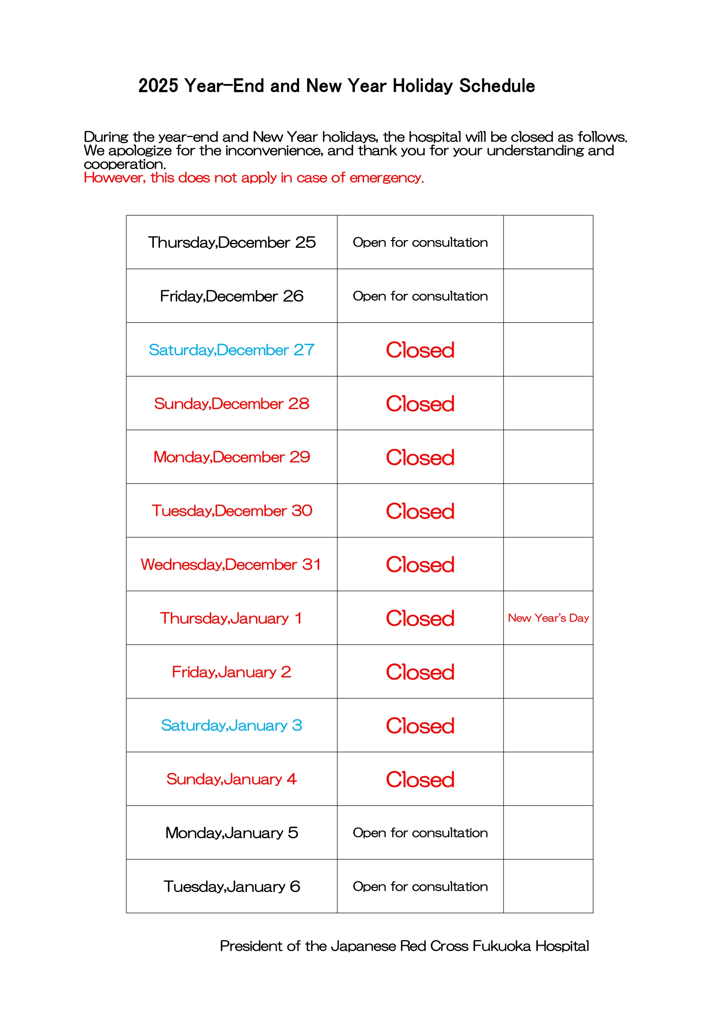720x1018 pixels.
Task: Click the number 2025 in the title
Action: pos(158,86)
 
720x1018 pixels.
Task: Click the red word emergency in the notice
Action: pos(386,178)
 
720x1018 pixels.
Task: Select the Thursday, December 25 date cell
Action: pos(231,242)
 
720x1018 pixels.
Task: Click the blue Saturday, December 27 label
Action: pos(231,350)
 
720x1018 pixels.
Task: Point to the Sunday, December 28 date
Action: pos(231,403)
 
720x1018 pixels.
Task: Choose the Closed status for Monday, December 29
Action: pos(420,458)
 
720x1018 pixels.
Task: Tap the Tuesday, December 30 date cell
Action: pos(231,511)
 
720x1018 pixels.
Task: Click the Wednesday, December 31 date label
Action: pos(231,565)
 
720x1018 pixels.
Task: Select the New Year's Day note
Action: pos(548,618)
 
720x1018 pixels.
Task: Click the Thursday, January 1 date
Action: pos(231,618)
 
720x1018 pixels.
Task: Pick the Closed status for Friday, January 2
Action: pos(420,672)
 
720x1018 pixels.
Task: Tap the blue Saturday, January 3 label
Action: pos(231,725)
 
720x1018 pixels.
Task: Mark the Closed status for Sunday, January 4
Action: pos(420,780)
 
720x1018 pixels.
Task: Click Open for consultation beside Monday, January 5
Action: pos(420,833)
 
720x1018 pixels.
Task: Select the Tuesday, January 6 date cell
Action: pos(231,887)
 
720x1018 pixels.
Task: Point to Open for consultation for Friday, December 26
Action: pos(420,296)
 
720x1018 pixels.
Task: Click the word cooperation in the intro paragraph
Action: pos(125,165)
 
